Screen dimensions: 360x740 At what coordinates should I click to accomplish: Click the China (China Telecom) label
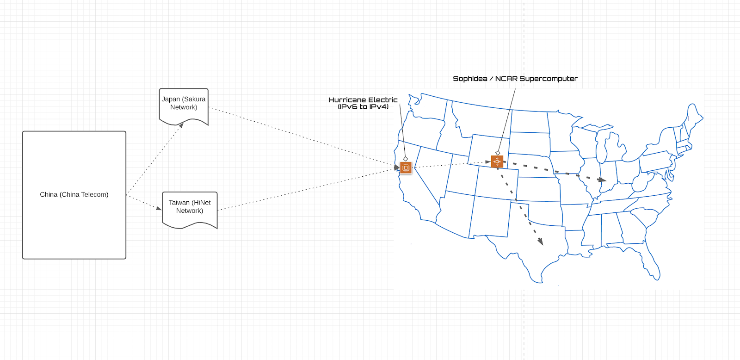coord(74,195)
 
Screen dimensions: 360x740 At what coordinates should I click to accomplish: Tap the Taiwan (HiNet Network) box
coord(190,210)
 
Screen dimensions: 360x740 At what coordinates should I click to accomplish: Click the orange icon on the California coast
coord(406,168)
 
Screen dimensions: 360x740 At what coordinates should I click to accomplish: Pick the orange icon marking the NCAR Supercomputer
coord(497,161)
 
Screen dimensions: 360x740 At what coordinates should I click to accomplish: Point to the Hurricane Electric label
coord(363,100)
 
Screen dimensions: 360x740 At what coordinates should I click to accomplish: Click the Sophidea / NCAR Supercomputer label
coord(515,79)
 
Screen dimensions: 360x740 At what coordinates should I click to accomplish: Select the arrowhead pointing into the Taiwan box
coord(159,208)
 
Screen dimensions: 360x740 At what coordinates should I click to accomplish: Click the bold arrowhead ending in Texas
coord(541,242)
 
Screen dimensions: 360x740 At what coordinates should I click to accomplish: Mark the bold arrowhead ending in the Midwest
coord(602,180)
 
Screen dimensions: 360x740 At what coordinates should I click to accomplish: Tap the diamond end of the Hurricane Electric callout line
coord(406,159)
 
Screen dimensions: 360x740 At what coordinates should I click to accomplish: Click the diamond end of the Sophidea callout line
coord(498,153)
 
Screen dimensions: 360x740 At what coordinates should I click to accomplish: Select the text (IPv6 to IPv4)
coord(363,107)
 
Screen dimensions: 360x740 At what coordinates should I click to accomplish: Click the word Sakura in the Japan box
coord(194,99)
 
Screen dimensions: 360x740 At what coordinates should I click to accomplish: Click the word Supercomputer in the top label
coord(549,79)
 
